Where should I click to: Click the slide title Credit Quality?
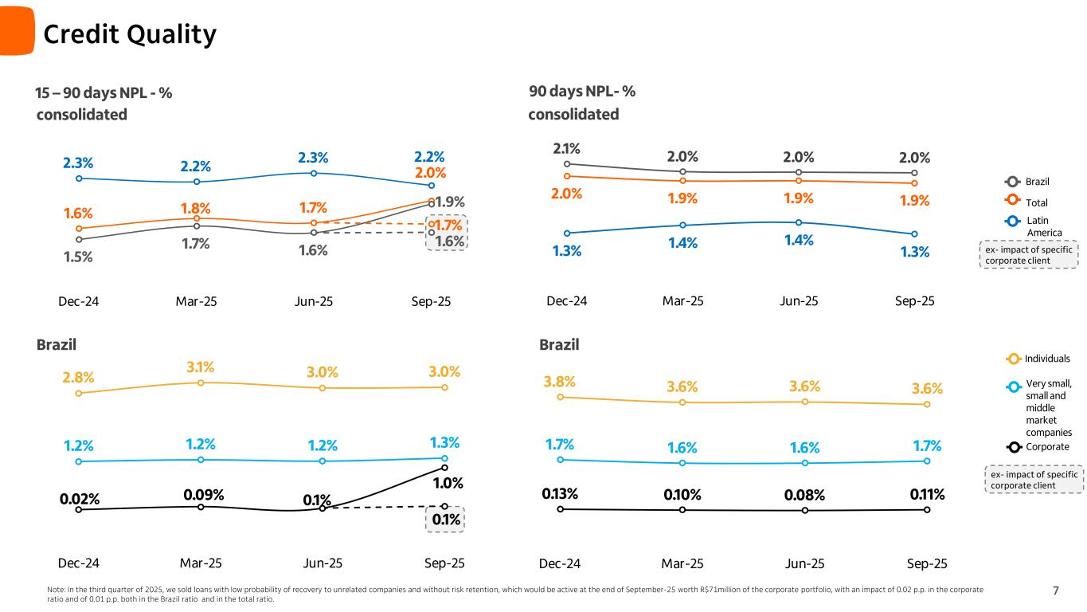(x=129, y=34)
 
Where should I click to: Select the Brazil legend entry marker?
(x=1012, y=181)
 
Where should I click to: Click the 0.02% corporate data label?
(x=80, y=500)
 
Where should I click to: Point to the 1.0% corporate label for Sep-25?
(x=448, y=484)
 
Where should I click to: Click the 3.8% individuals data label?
(x=560, y=382)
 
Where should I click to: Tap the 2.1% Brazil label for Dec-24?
(x=566, y=148)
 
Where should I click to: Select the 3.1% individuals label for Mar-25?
(x=201, y=367)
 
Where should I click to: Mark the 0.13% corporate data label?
(x=561, y=495)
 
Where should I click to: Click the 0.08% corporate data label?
(x=805, y=496)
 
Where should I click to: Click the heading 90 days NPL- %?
(x=582, y=92)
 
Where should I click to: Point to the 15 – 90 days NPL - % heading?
(x=104, y=93)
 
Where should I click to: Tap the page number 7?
(x=1056, y=590)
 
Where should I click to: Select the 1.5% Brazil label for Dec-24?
(x=78, y=257)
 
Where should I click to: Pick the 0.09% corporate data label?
(x=203, y=494)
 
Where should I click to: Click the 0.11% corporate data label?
(x=928, y=495)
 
